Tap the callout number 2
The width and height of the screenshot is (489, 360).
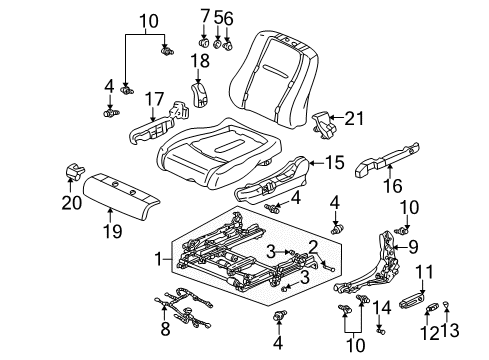click(313, 247)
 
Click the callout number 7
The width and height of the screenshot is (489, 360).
click(206, 16)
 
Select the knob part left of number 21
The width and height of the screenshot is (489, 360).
click(320, 122)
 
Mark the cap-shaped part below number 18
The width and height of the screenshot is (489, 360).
click(200, 97)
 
